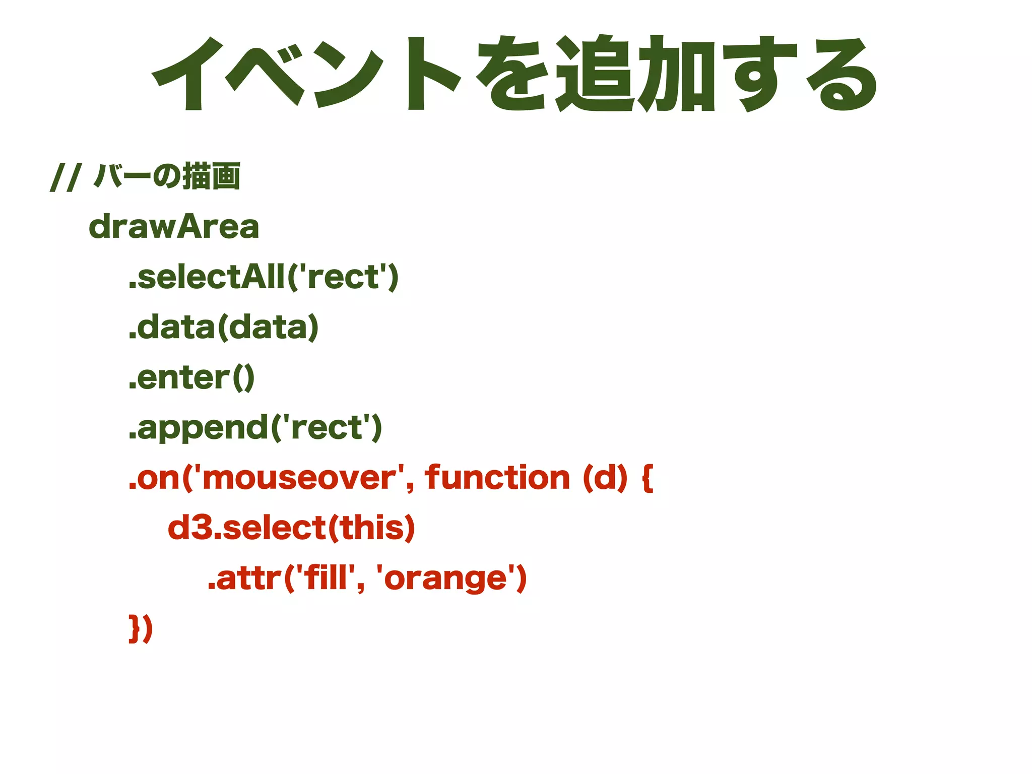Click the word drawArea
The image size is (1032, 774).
pos(174,227)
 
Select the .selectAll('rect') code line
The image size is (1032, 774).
pos(264,277)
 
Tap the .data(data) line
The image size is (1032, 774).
pos(224,328)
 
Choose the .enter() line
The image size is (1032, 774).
pos(191,378)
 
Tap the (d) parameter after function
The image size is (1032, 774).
pos(605,478)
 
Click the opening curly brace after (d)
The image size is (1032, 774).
pos(648,478)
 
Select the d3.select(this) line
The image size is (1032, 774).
pos(291,528)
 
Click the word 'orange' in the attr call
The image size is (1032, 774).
pos(446,578)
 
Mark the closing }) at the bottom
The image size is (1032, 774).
pos(141,628)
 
